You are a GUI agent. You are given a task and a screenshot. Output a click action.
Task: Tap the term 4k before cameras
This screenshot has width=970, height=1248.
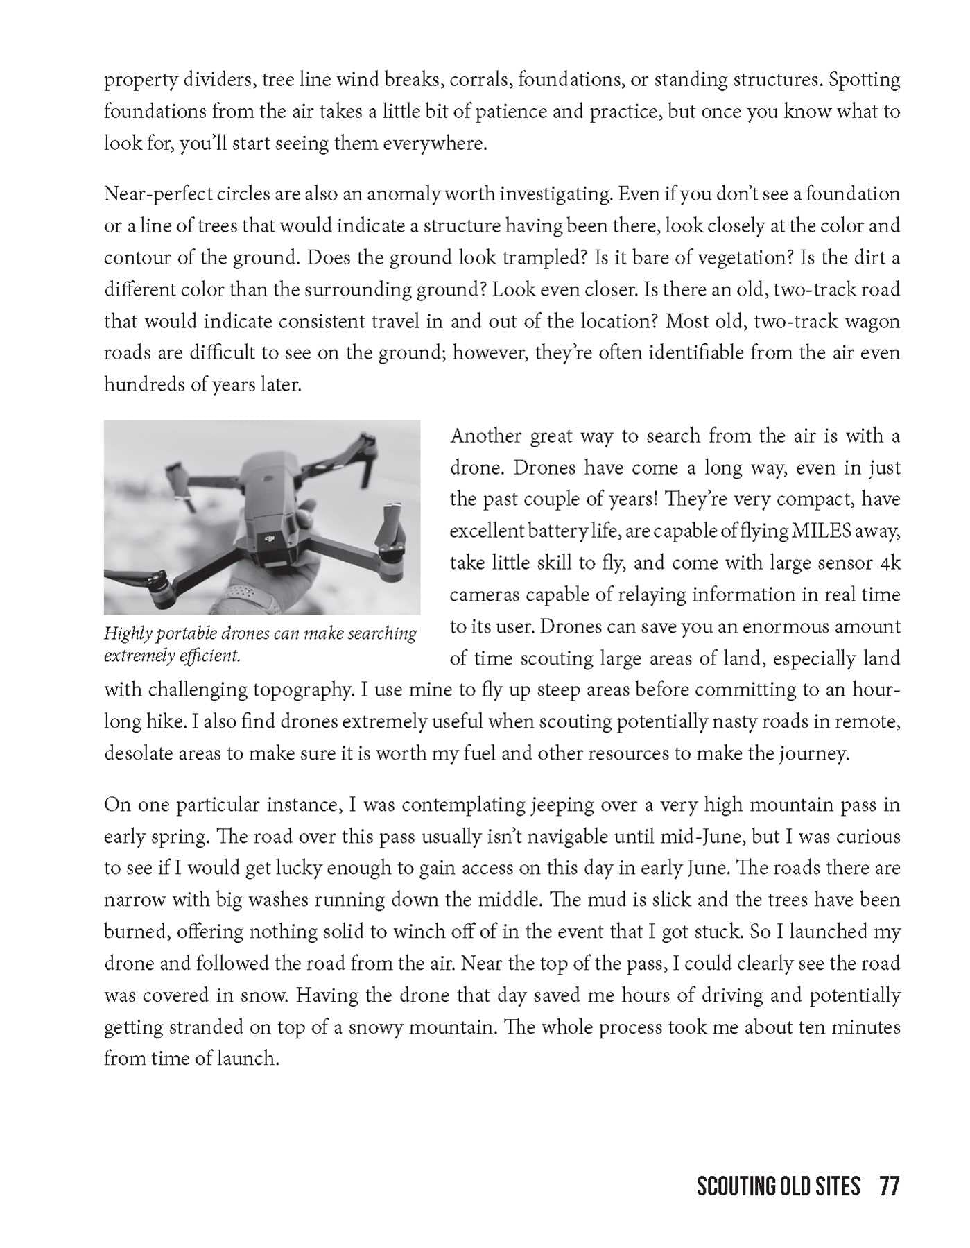(x=890, y=563)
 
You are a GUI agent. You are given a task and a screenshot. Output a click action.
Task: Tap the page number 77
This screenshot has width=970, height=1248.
(x=889, y=1187)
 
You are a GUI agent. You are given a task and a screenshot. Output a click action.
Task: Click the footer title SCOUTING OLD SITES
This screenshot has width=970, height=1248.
(x=778, y=1187)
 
